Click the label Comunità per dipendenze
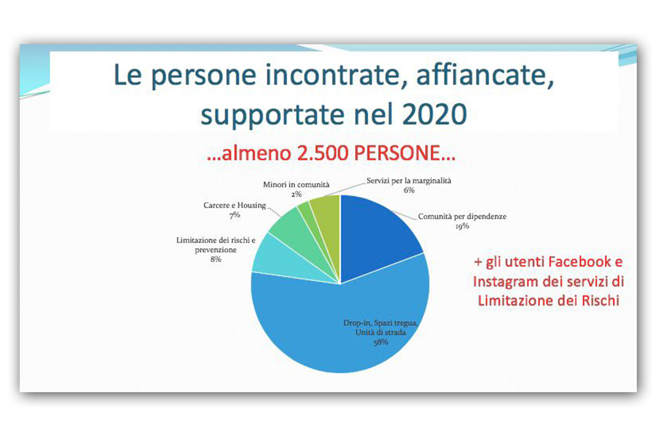pos(462,217)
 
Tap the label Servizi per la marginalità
pos(409,181)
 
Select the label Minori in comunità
pos(296,185)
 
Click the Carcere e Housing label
pos(235,205)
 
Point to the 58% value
pos(380,342)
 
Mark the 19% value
pos(462,226)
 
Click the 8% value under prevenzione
pos(216,259)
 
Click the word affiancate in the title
pos(485,75)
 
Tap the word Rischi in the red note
pos(600,300)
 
